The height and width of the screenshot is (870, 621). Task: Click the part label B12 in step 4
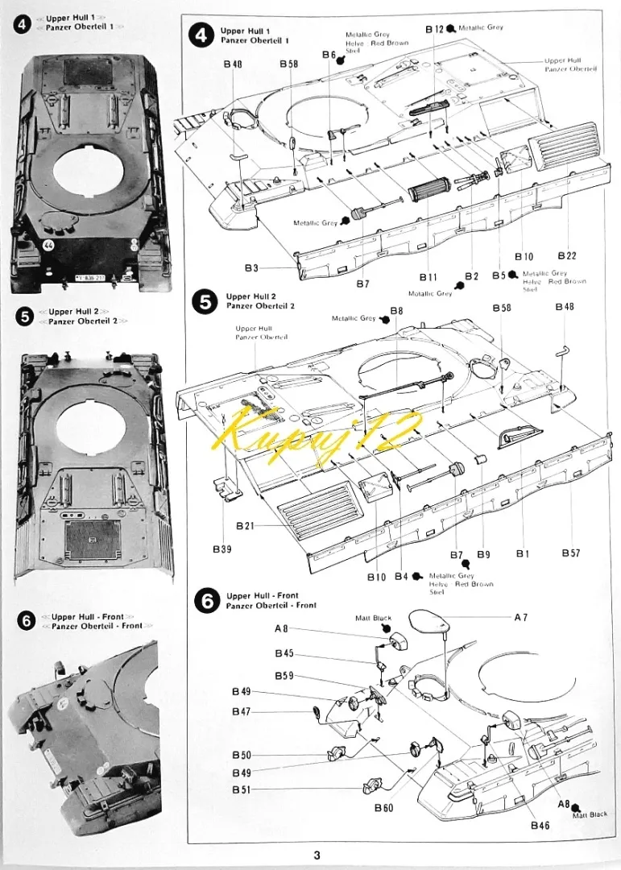click(434, 28)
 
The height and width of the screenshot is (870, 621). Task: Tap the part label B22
click(567, 256)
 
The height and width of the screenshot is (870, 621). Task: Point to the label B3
click(252, 267)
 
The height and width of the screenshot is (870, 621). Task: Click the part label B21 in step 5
click(245, 526)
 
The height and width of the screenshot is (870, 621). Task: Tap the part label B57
click(570, 553)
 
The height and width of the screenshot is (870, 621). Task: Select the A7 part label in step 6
click(521, 618)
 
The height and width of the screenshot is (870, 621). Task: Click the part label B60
click(383, 807)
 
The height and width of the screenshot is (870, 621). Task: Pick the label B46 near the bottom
click(540, 825)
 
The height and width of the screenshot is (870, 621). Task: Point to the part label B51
click(241, 790)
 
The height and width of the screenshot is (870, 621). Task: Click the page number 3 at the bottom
click(317, 855)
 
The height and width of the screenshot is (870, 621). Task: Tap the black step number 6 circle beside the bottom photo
click(26, 621)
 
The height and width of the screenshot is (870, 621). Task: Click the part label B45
click(284, 653)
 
